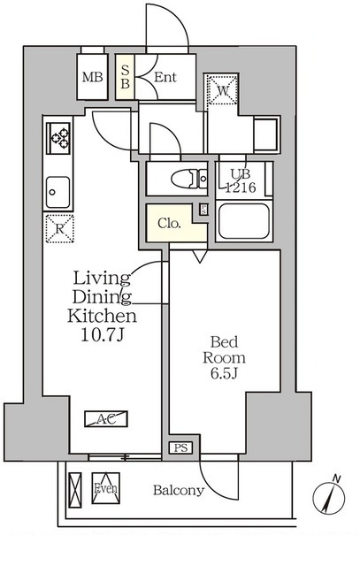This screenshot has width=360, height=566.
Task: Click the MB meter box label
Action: click(93, 78)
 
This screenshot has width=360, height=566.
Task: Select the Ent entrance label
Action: click(165, 78)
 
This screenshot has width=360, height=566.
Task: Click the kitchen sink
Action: click(58, 189)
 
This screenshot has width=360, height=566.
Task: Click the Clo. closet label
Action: click(170, 224)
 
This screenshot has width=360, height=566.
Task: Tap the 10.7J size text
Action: click(103, 335)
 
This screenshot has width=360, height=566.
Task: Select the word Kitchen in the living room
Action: click(102, 316)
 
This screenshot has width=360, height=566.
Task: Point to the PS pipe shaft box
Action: click(180, 448)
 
